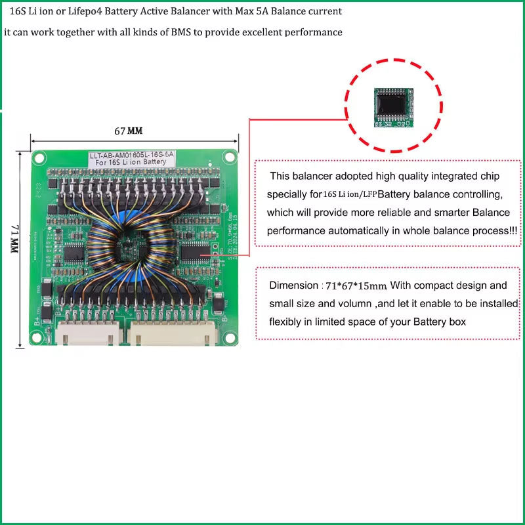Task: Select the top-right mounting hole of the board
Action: [229, 156]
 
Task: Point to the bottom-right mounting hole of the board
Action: [231, 333]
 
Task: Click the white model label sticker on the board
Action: [132, 158]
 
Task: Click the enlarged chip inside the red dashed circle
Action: [394, 106]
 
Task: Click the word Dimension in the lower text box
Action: [293, 285]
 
